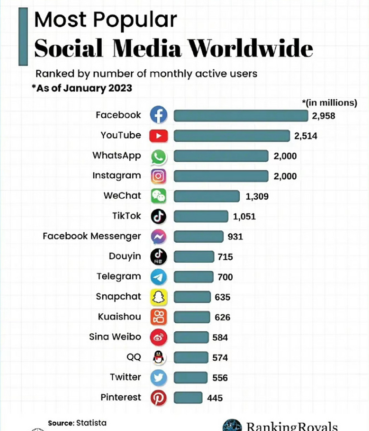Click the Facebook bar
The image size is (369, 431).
pos(241,115)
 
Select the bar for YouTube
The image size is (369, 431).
pos(232,136)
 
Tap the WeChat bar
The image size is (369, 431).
pos(206,196)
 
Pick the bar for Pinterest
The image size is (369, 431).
pos(188,398)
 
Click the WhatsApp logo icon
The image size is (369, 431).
pos(158,156)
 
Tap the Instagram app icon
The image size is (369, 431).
pos(158,176)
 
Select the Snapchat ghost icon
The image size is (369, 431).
pos(158,297)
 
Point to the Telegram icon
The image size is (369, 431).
pos(158,277)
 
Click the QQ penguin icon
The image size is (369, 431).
pos(158,357)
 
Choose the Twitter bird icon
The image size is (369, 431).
pos(158,377)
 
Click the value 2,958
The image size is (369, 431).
pos(323,116)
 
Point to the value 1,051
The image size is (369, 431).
pos(244,216)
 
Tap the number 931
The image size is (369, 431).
pos(235,237)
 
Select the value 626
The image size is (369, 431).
pos(222,317)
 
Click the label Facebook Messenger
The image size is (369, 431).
pos(92,236)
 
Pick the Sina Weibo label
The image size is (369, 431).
pos(115,337)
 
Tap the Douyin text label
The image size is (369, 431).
pos(125,256)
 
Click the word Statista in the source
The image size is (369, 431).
pos(91,423)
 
